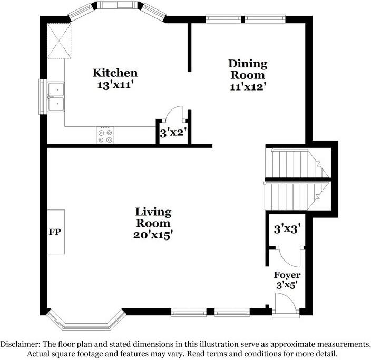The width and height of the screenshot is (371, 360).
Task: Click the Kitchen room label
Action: [115, 73]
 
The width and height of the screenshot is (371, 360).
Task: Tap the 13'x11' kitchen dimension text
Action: [114, 85]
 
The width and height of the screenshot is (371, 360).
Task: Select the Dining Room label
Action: [248, 69]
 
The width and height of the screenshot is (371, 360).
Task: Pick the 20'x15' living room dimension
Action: [153, 235]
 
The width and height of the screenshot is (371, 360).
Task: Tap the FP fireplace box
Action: [56, 232]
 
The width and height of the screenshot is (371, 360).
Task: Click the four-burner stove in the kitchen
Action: [105, 135]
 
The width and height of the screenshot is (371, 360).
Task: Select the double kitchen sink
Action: [56, 97]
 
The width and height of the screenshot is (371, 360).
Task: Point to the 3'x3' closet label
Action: [287, 229]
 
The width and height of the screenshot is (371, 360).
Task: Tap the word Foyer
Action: [287, 275]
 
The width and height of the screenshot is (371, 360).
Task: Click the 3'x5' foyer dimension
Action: [287, 285]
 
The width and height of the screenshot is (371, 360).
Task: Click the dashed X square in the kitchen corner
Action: [59, 41]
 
